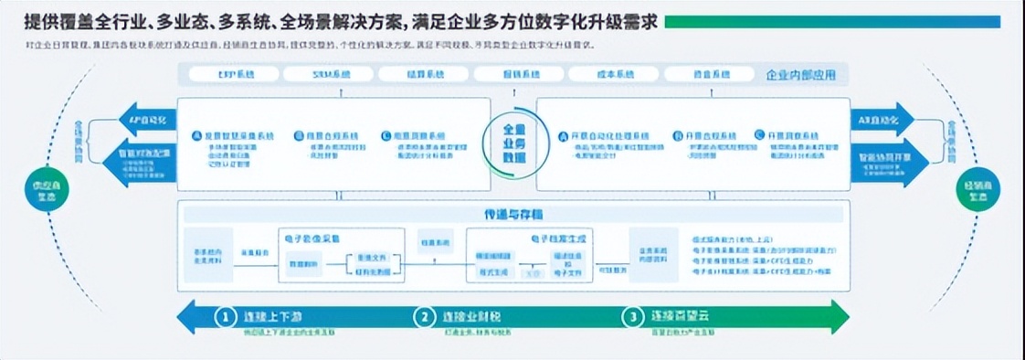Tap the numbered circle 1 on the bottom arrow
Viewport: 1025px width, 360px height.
pos(225,317)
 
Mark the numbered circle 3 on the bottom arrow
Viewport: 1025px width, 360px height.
pos(632,317)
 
